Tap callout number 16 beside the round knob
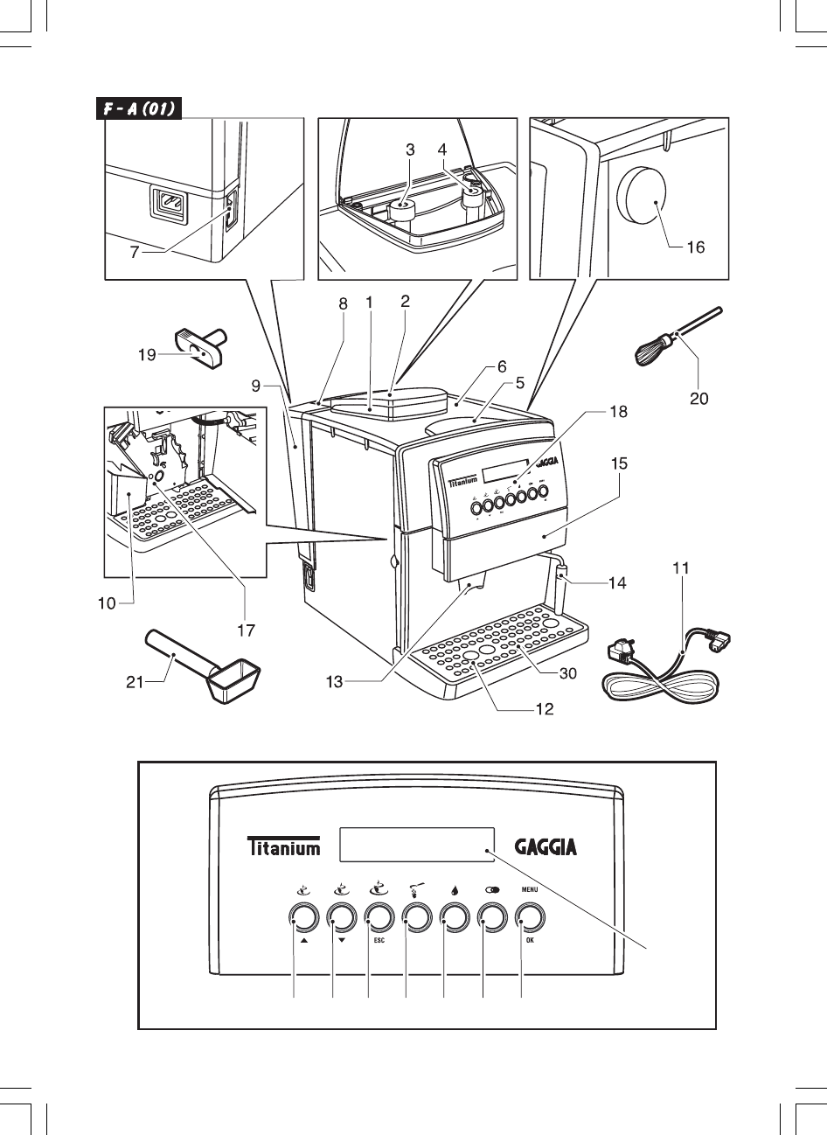(695, 247)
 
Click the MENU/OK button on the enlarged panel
(528, 917)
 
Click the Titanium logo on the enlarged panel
(282, 847)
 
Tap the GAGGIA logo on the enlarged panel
(546, 846)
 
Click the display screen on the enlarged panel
(416, 845)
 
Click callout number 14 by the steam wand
(617, 582)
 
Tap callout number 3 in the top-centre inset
(410, 150)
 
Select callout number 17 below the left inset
(245, 628)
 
